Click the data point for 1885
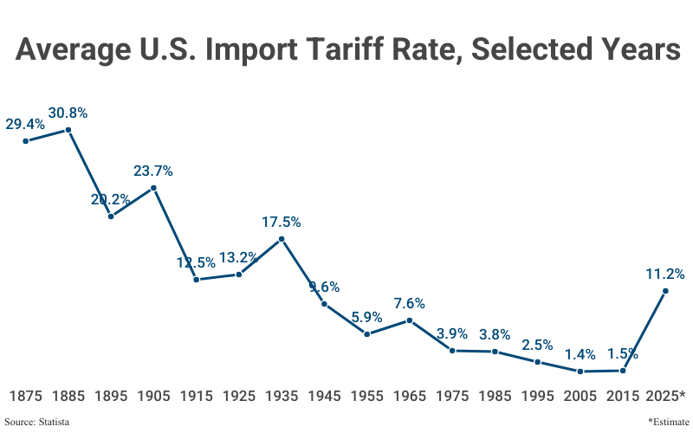pyautogui.click(x=68, y=130)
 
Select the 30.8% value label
pyautogui.click(x=68, y=113)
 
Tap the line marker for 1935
pyautogui.click(x=282, y=240)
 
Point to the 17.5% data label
pyautogui.click(x=282, y=223)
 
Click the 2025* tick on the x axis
pyautogui.click(x=666, y=396)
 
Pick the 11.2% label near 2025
pyautogui.click(x=665, y=274)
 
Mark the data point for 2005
pyautogui.click(x=580, y=372)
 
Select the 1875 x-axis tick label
pyautogui.click(x=26, y=396)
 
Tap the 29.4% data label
pyautogui.click(x=25, y=124)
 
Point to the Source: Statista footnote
pyautogui.click(x=37, y=422)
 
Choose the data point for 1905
pyautogui.click(x=153, y=188)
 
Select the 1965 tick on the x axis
pyautogui.click(x=410, y=396)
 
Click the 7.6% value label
pyautogui.click(x=410, y=304)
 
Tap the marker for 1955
pyautogui.click(x=367, y=334)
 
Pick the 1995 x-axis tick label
pyautogui.click(x=538, y=396)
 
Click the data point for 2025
pyautogui.click(x=665, y=292)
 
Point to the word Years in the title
pyautogui.click(x=627, y=49)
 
